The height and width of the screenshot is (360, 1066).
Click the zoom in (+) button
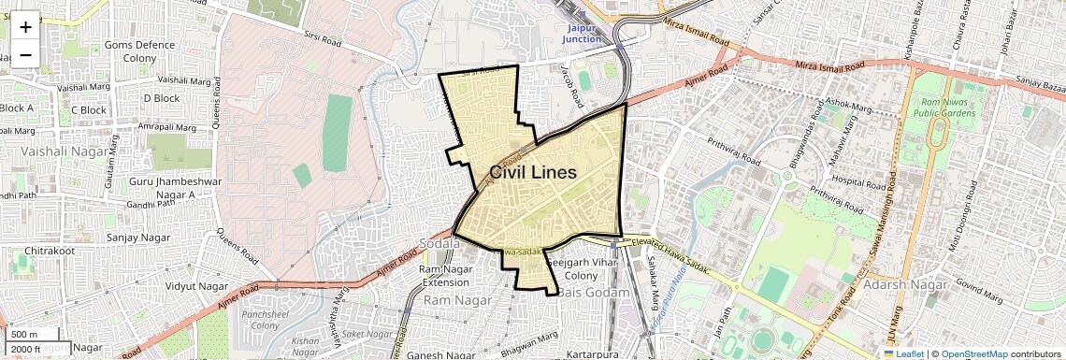coord(25,26)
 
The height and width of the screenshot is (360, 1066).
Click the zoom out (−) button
coord(25,54)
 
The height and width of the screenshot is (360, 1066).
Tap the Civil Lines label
coord(532,173)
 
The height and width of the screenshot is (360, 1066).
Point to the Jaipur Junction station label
coord(582,33)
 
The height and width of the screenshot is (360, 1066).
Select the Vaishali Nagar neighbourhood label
coord(54,150)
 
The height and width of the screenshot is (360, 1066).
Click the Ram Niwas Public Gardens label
coord(948,108)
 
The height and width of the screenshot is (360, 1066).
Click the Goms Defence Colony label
coord(139,51)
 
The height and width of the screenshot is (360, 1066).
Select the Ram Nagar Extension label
coord(446,276)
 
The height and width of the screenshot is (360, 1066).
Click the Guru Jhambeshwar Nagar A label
coord(163,187)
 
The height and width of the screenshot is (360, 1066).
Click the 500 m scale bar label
coord(25,335)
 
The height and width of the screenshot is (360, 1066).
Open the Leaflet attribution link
coord(903,353)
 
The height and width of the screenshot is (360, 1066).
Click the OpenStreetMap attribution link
coord(973,353)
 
